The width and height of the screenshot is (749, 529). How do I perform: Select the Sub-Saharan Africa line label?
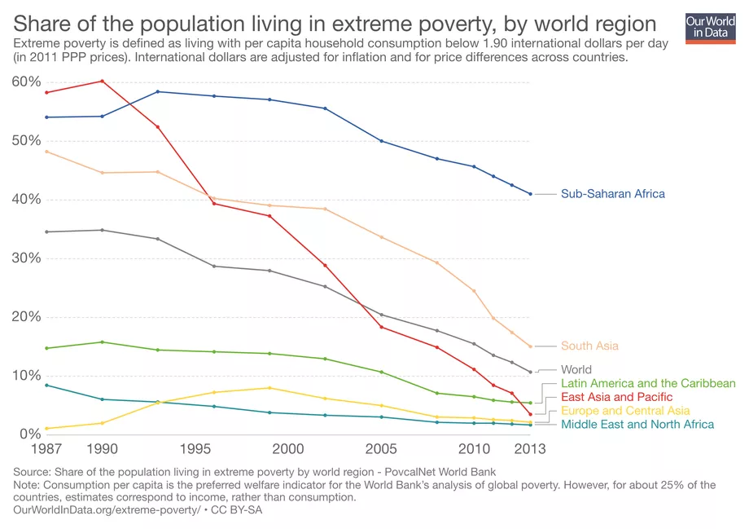612,194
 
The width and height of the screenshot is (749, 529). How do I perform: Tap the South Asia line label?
589,346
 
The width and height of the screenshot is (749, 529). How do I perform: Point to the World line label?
576,369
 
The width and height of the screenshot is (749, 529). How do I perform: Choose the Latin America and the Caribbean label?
648,383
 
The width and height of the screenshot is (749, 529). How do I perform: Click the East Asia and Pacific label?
617,397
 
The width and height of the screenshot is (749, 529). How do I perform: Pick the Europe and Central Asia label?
625,411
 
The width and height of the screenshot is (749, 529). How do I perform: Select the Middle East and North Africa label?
637,424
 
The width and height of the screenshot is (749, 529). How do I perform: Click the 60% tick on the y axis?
26,82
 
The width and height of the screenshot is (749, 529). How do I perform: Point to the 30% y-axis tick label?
26,258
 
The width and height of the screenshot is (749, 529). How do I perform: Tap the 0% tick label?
29,434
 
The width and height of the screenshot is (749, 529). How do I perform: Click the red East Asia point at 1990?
102,81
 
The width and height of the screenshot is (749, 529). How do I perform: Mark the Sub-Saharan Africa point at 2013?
530,194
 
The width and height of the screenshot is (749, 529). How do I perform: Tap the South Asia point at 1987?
46,152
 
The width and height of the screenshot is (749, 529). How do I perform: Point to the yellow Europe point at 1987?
46,429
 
